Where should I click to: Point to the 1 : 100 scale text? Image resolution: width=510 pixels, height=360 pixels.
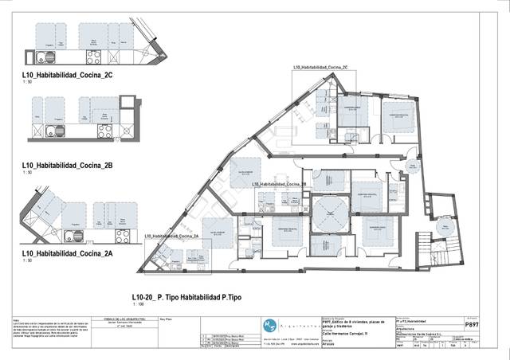point(138,304)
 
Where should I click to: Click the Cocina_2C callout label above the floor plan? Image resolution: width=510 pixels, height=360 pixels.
point(320,68)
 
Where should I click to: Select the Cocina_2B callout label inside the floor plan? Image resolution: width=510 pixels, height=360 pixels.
point(279,184)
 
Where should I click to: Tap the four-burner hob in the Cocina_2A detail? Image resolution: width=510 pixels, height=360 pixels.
point(123,237)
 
